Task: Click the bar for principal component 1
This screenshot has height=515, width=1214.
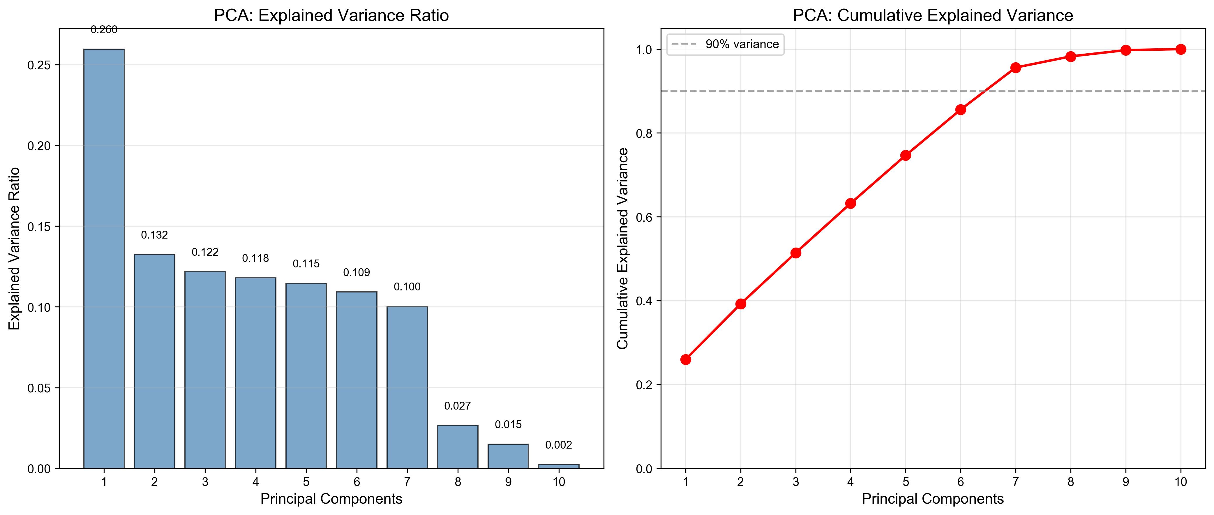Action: tap(104, 259)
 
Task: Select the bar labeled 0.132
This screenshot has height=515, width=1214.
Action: tap(155, 361)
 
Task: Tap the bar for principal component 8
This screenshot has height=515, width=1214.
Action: tap(458, 447)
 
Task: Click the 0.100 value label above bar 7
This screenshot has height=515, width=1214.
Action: tap(407, 287)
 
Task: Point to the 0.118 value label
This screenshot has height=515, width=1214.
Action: tap(255, 258)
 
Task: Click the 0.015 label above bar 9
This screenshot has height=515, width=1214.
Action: tap(508, 424)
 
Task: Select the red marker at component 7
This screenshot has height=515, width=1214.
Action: tap(1016, 68)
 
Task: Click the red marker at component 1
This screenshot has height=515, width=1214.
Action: tap(686, 359)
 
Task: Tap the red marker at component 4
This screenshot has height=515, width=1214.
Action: tap(851, 204)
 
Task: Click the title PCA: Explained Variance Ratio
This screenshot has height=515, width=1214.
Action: tap(331, 15)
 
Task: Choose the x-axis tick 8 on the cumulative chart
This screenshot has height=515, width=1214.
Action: tap(1071, 482)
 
